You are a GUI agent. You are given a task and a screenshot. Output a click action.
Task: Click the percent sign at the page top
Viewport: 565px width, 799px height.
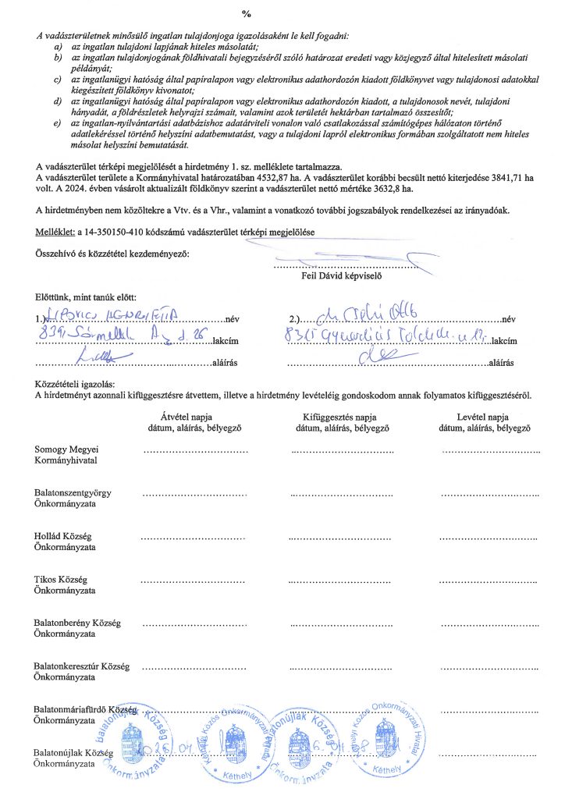point(247,14)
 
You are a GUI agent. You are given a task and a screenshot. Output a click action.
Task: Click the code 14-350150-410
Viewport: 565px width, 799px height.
point(112,232)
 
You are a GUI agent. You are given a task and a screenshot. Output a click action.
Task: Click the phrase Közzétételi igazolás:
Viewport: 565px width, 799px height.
point(75,384)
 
